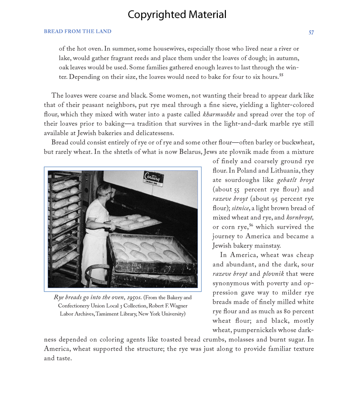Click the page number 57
(311, 32)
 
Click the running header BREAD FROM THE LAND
(77, 32)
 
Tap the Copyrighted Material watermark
(177, 14)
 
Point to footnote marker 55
(281, 75)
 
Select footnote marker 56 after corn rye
(251, 225)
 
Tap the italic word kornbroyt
(300, 217)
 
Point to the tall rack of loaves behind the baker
(66, 225)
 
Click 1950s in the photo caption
(133, 298)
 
